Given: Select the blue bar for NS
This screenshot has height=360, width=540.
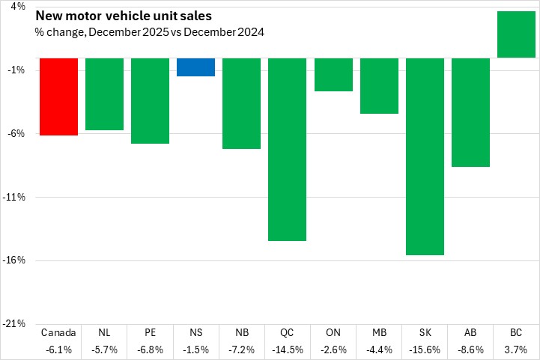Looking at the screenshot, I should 196,67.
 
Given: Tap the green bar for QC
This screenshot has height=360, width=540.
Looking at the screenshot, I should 288,149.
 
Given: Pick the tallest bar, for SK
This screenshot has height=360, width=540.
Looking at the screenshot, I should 425,156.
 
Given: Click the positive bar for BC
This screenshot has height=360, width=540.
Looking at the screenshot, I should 516,34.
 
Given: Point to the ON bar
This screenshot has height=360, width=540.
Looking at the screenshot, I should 333,74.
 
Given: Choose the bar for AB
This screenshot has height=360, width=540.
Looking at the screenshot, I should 470,112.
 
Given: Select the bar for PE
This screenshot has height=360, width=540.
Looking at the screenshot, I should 151,100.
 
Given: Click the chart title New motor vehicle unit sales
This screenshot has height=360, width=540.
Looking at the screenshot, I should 123,16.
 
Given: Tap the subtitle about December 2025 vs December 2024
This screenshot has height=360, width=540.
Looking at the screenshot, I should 149,32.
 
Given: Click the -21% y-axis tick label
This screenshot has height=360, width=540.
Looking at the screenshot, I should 16,324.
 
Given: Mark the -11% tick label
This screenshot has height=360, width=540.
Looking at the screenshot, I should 16,197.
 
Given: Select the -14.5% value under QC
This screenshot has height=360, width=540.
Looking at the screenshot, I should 288,350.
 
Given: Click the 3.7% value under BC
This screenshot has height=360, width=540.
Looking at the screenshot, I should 516,350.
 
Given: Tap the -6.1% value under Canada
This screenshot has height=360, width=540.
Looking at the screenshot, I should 58,350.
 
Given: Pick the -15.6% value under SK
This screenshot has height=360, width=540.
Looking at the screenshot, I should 425,350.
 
